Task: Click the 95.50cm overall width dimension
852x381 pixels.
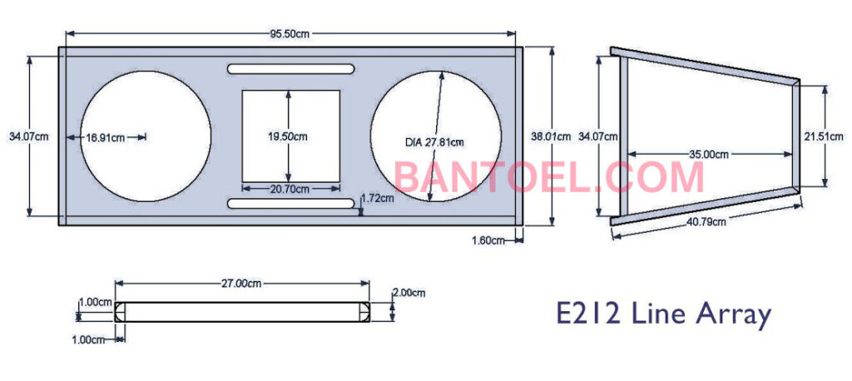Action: [x=290, y=33]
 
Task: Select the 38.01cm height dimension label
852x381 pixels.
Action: [x=551, y=136]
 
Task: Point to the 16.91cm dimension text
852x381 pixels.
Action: [x=106, y=137]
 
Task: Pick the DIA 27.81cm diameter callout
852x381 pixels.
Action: [x=434, y=142]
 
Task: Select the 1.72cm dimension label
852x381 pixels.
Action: [x=378, y=198]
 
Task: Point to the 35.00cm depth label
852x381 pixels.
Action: [x=709, y=154]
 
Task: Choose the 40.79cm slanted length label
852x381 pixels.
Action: [x=705, y=221]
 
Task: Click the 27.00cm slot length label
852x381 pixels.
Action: [x=242, y=284]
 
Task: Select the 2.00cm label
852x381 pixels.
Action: [x=409, y=293]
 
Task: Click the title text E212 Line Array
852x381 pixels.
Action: [x=663, y=314]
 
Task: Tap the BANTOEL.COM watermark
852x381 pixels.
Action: [x=549, y=177]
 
